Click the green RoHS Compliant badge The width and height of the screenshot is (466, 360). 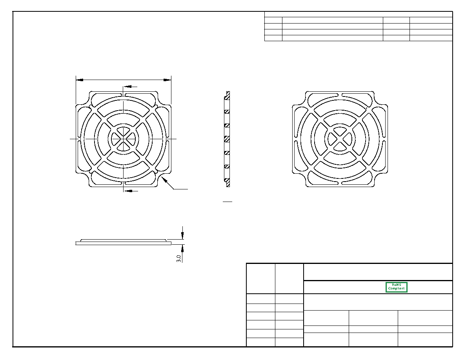[396, 287]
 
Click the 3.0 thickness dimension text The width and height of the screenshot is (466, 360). [178, 258]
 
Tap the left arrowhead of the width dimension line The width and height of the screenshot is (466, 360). [79, 80]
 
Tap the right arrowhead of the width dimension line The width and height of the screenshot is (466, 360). [167, 80]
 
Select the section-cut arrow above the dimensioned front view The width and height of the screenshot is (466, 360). [130, 87]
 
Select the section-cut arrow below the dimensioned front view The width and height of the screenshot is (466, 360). [131, 191]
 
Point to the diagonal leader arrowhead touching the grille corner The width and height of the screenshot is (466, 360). [164, 179]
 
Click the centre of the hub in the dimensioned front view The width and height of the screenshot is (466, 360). [123, 139]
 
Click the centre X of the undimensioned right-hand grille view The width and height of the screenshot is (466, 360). [340, 139]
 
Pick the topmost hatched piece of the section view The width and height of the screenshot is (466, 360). [228, 95]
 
